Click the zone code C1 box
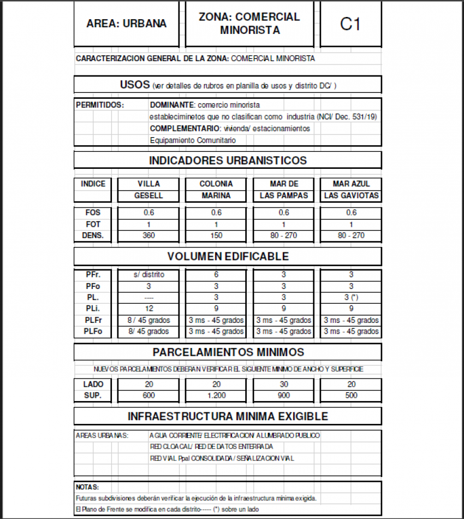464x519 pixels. pyautogui.click(x=350, y=24)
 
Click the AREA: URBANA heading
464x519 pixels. pyautogui.click(x=127, y=24)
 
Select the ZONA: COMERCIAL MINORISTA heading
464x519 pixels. pyautogui.click(x=249, y=24)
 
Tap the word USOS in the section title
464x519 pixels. pyautogui.click(x=135, y=85)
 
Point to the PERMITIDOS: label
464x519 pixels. pyautogui.click(x=100, y=104)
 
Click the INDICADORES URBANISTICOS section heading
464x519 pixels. pyautogui.click(x=228, y=161)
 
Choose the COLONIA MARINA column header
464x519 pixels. pyautogui.click(x=216, y=190)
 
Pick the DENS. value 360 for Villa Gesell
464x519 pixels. pyautogui.click(x=148, y=235)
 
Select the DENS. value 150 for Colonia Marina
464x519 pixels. pyautogui.click(x=216, y=235)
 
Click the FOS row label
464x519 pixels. pyautogui.click(x=93, y=213)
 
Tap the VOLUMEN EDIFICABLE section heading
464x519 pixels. pyautogui.click(x=228, y=256)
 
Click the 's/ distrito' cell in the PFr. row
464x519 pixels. pyautogui.click(x=148, y=274)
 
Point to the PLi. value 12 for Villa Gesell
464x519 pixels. pyautogui.click(x=148, y=309)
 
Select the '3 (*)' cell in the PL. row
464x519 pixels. pyautogui.click(x=351, y=297)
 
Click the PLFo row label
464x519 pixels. pyautogui.click(x=93, y=331)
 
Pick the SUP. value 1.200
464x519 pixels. pyautogui.click(x=216, y=395)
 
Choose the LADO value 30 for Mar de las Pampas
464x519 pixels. pyautogui.click(x=284, y=384)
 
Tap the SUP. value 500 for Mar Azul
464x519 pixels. pyautogui.click(x=351, y=395)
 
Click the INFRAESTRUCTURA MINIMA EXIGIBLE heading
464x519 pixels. pyautogui.click(x=228, y=416)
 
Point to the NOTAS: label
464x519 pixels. pyautogui.click(x=87, y=487)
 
